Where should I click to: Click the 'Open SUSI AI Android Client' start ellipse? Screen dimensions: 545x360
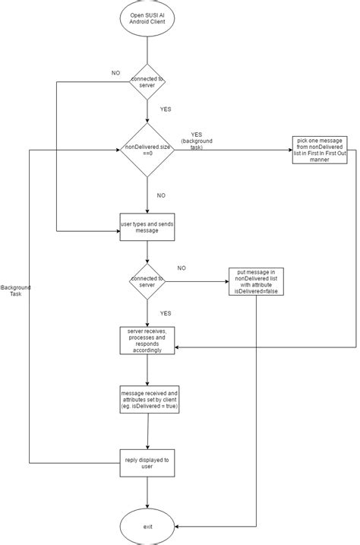point(147,20)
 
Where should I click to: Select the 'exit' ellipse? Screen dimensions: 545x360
point(147,525)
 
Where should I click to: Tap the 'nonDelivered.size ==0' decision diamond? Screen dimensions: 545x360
point(147,151)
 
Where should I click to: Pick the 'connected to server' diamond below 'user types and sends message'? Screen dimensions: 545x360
point(147,282)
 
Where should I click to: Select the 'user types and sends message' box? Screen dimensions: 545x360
point(147,225)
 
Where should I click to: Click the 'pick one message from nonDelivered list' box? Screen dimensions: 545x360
point(319,155)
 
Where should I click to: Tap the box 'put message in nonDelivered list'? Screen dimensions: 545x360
point(255,281)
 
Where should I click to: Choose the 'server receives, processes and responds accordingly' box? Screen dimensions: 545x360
point(147,340)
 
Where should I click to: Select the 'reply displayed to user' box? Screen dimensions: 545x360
point(147,461)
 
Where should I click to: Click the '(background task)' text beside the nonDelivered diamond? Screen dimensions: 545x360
point(197,144)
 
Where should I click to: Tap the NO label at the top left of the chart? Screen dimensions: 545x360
point(115,73)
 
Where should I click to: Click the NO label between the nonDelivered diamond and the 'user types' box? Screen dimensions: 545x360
point(161,195)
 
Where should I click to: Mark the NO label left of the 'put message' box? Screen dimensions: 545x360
point(182,268)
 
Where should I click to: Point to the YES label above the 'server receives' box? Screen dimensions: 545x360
point(166,312)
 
